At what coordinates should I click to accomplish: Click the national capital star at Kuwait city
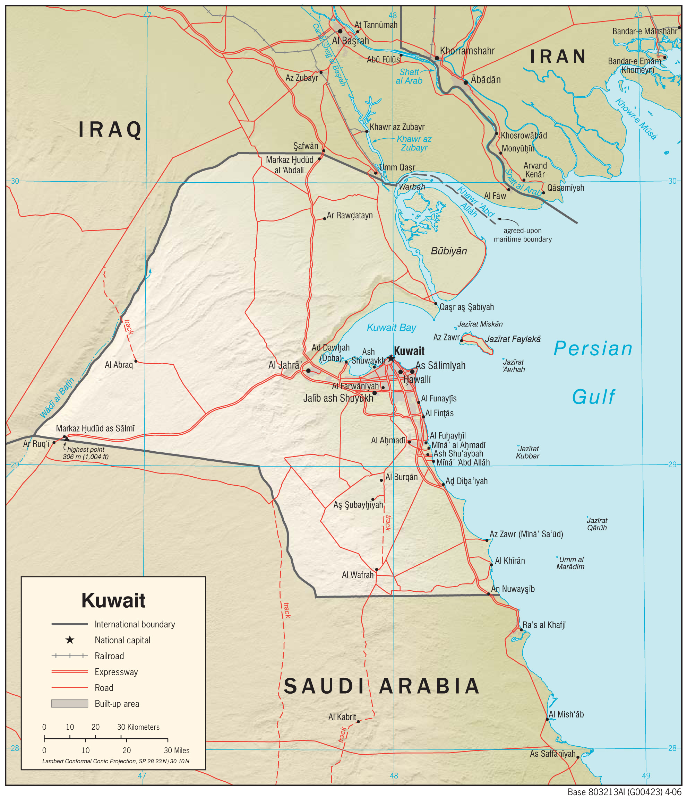391,358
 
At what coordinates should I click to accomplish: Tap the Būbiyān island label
449,251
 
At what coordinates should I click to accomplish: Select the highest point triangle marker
66,439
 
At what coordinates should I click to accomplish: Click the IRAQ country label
110,129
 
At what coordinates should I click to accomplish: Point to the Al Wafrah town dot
377,570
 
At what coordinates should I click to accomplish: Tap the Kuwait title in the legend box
113,600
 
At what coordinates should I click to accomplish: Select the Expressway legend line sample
70,672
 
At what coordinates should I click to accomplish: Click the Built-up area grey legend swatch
70,703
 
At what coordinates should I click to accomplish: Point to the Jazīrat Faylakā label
513,339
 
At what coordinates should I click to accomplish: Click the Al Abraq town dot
136,361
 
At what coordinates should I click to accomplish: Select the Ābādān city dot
466,82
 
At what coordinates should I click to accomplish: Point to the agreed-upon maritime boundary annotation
522,235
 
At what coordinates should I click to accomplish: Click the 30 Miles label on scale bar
176,750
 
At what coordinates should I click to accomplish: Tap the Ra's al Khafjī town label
544,625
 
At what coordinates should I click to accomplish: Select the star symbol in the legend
70,640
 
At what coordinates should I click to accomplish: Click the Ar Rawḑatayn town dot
324,219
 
